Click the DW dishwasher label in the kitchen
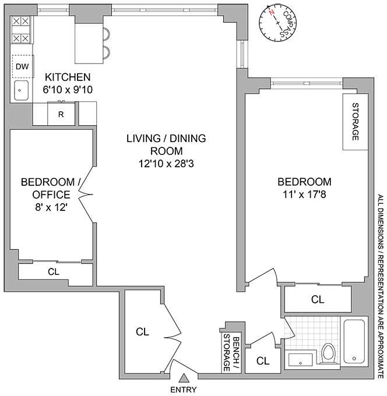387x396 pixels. click(x=22, y=66)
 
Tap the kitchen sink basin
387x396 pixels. click(x=21, y=90)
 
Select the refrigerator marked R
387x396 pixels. click(x=61, y=114)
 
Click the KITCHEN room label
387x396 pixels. click(x=68, y=77)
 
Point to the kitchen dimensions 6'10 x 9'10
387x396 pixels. click(x=68, y=89)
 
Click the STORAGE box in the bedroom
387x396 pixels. click(x=355, y=121)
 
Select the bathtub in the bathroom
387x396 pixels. click(x=355, y=342)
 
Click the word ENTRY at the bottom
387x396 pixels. click(x=183, y=390)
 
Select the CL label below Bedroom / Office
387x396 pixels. click(x=53, y=271)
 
